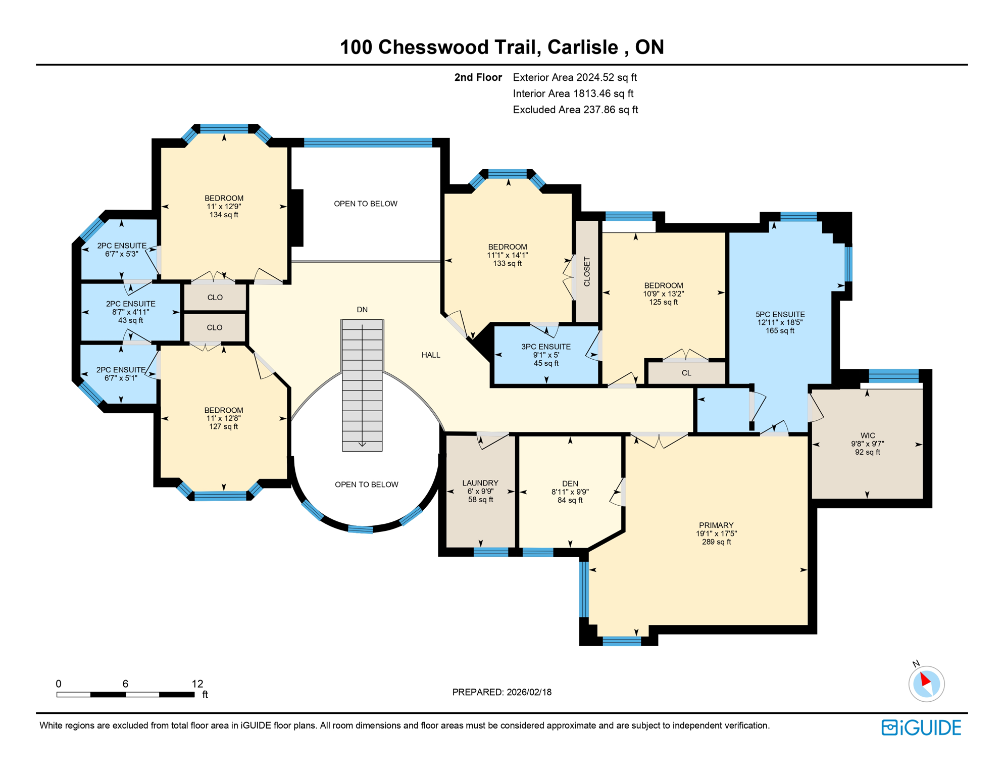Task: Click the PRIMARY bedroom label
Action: click(x=716, y=525)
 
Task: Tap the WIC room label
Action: click(x=867, y=435)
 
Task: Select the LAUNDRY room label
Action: click(x=480, y=483)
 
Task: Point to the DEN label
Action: click(x=570, y=483)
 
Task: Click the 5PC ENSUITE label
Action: click(x=780, y=314)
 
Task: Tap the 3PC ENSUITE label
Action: click(x=545, y=347)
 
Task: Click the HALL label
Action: click(x=430, y=355)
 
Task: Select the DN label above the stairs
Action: click(x=362, y=310)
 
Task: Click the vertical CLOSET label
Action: click(x=587, y=272)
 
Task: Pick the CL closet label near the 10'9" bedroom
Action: click(x=686, y=373)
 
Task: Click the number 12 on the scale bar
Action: click(x=197, y=684)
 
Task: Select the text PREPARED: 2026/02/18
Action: click(x=501, y=692)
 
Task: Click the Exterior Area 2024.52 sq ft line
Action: click(x=574, y=77)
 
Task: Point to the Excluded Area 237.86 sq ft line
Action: click(x=575, y=110)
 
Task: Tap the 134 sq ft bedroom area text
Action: click(x=224, y=215)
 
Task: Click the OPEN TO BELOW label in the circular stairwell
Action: click(x=366, y=484)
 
